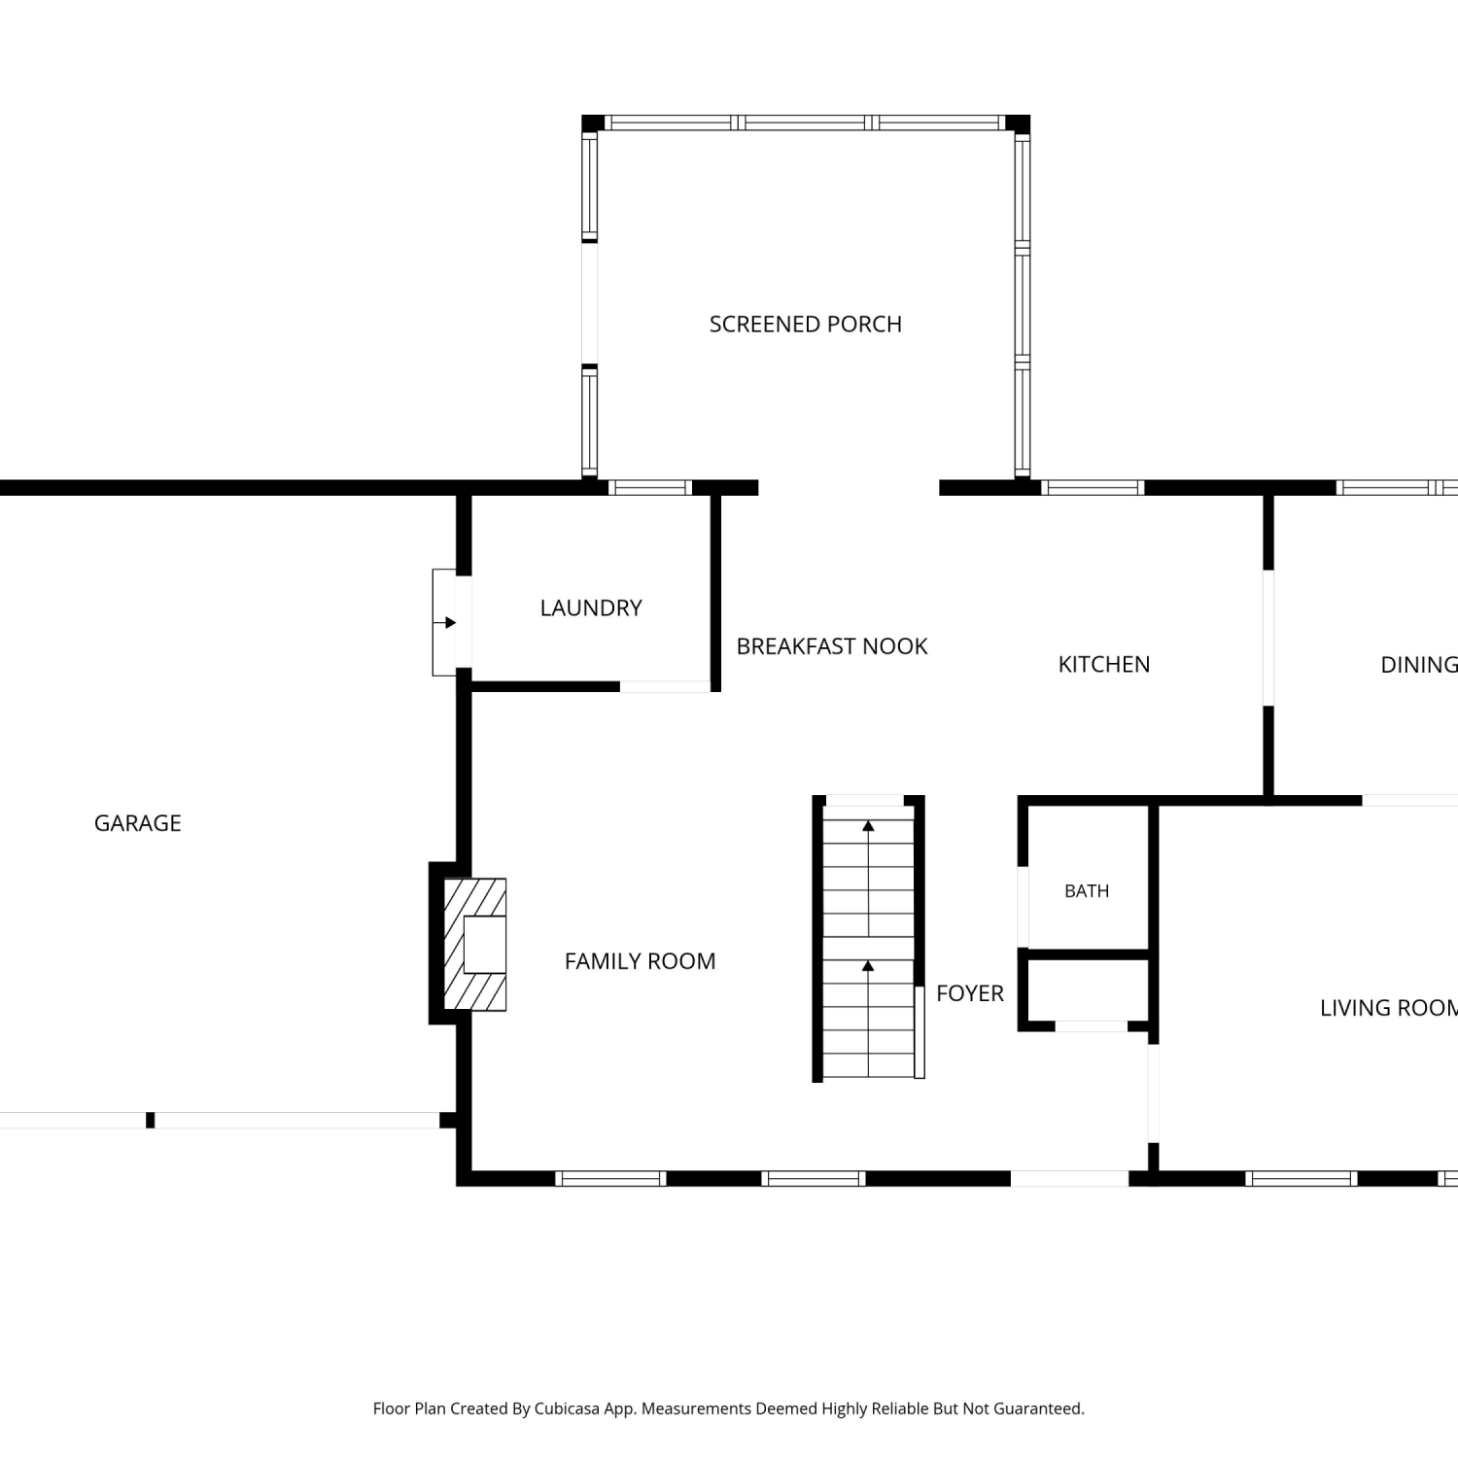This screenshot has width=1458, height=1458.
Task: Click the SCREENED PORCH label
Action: coord(806,324)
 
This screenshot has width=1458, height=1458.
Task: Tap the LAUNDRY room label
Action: coord(591,607)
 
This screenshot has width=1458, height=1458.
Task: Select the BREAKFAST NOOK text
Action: coord(832,646)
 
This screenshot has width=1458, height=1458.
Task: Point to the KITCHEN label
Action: coord(1104,664)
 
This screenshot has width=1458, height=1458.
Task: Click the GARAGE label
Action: coord(138,823)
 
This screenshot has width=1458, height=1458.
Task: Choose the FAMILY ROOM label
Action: coord(641,961)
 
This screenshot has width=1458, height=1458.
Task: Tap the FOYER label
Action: coord(970,993)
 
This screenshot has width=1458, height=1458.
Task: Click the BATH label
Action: coord(1087,891)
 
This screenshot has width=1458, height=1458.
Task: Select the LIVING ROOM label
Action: coord(1389,1008)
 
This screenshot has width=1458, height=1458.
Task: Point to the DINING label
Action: coord(1419,665)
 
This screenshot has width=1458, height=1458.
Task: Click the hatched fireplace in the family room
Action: coord(475,945)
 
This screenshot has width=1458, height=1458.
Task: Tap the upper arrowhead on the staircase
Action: coord(868,826)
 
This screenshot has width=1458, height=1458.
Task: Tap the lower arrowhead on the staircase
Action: coord(868,966)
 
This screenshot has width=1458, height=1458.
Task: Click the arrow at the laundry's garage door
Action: coord(444,622)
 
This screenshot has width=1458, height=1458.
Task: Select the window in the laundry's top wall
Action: coord(650,488)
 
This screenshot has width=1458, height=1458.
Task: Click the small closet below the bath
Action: coord(1090,992)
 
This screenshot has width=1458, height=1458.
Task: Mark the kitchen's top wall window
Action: coord(1093,488)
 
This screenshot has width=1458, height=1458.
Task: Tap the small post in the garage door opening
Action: coord(150,1120)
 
